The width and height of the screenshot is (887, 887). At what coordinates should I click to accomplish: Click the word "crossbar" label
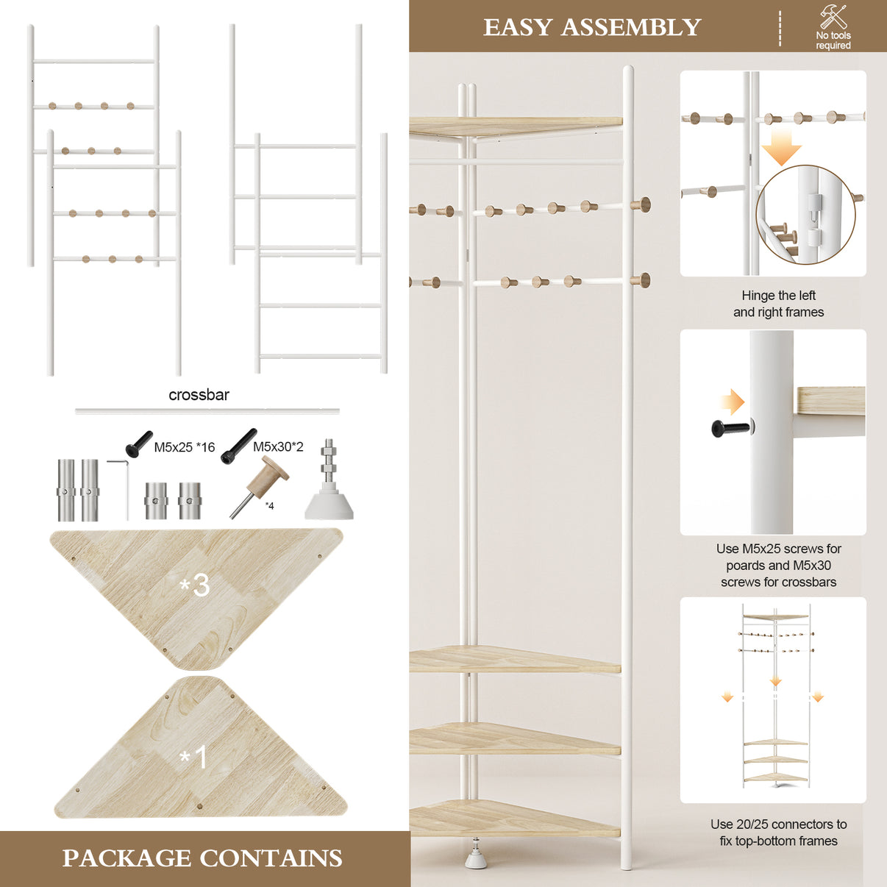199,395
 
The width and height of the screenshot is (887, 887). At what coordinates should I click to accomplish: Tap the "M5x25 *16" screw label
184,447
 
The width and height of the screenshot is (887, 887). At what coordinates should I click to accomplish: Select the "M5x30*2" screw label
278,446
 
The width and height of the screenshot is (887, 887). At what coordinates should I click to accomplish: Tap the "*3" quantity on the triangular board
195,585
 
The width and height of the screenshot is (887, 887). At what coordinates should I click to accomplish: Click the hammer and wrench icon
833,17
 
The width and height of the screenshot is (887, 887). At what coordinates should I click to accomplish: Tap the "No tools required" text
833,40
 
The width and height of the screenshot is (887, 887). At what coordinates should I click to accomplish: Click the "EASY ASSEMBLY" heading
592,27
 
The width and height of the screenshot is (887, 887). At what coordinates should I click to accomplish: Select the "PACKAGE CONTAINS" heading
202,858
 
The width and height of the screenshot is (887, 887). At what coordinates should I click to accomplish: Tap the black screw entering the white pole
733,428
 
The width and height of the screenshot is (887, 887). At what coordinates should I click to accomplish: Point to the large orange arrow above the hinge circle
781,147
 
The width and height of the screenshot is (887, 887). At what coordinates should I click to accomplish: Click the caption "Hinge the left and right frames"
778,304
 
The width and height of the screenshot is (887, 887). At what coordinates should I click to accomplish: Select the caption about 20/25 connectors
778,833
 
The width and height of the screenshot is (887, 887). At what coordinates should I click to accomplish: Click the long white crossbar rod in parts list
207,411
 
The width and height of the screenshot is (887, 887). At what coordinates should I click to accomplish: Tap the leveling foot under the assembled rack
475,855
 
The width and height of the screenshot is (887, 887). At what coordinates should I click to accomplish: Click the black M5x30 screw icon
238,446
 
